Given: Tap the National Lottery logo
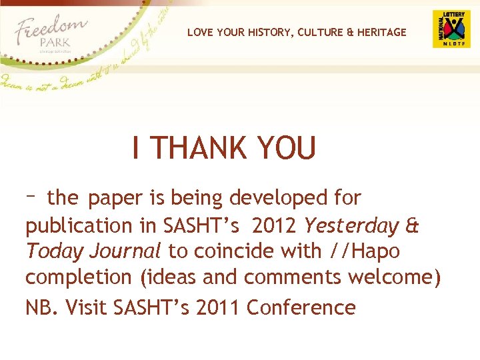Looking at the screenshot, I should (x=451, y=29).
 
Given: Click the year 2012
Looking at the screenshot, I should (x=275, y=226).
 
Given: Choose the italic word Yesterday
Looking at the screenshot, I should (x=352, y=226).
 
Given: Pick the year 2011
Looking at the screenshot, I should (x=217, y=307).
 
